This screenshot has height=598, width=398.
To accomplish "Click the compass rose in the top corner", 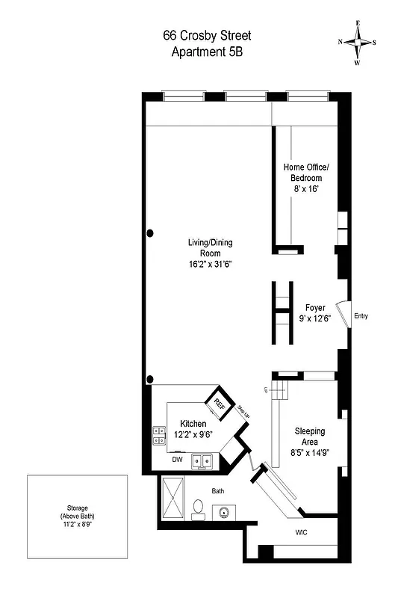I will coord(358,42).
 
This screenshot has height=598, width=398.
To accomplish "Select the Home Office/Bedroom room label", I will coord(302,173).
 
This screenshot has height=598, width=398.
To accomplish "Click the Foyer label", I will coord(314,307).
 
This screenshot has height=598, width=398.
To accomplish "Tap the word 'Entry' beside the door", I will coord(361,315).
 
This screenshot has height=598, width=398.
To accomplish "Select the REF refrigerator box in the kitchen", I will coord(220,404).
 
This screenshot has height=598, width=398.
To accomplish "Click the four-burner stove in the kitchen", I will coord(159,435).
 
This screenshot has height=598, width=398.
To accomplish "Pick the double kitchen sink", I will coord(202,461).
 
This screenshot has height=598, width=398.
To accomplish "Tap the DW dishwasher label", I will coord(177,460).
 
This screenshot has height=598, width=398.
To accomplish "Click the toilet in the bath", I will coord(198,510).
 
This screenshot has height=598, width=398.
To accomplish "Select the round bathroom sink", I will coord(224,513).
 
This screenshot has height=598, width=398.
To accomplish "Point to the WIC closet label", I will coord(302,534).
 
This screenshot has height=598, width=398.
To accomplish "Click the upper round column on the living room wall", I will coord(150,233).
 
